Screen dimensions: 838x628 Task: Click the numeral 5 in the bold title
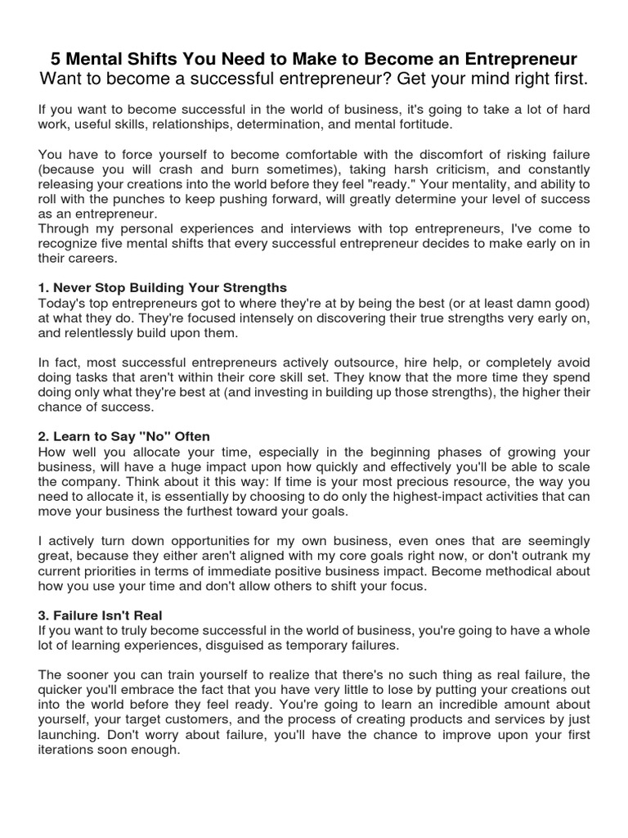56,59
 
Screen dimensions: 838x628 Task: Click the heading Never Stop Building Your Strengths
163,288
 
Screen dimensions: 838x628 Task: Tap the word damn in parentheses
538,304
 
